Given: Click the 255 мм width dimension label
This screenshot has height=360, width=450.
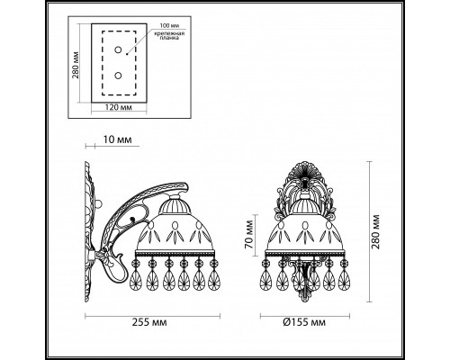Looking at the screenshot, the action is coord(149,323).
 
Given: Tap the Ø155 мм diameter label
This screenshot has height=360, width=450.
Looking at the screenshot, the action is coord(304,323).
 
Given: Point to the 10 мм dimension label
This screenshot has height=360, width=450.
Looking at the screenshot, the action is coord(117,139).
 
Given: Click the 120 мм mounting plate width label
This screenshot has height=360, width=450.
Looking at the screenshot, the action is coord(119,107).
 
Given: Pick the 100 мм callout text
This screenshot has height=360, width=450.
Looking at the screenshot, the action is coord(168,26).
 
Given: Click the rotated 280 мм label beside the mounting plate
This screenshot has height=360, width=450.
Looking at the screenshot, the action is coord(76,65).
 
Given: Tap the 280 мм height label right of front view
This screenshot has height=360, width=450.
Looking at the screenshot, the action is coord(376,231).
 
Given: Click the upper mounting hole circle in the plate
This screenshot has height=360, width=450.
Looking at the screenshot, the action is coord(119,49).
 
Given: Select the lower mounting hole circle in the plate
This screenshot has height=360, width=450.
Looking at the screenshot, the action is coord(119,76).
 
